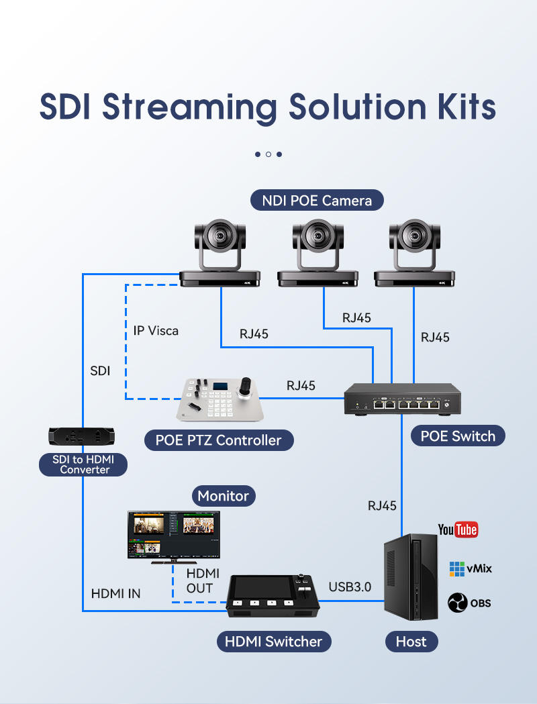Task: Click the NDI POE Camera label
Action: tap(317, 200)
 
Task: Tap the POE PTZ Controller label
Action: tap(219, 440)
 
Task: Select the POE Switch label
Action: tap(458, 436)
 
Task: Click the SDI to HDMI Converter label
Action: tap(83, 464)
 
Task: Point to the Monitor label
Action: tap(223, 496)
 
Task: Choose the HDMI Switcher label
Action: tap(273, 641)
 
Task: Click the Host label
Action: tap(411, 641)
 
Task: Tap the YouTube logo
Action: tap(458, 530)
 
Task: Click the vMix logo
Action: tap(471, 569)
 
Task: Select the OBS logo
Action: tap(469, 603)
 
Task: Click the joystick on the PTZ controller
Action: tap(246, 388)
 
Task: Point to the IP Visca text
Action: tap(156, 331)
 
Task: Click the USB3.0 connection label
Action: tap(350, 587)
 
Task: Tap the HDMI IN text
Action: tap(116, 593)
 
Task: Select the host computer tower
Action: tap(410, 577)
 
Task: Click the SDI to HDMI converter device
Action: tap(82, 436)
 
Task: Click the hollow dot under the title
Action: tap(268, 154)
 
